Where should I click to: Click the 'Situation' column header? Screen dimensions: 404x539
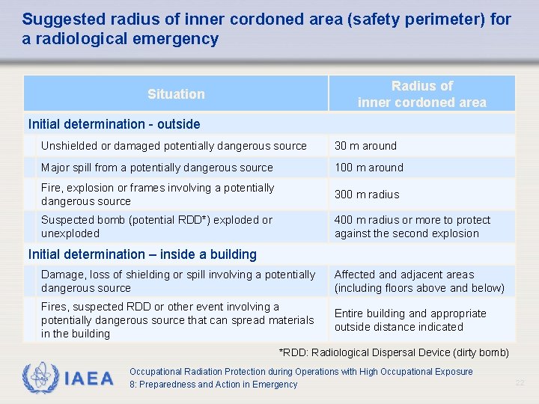click(x=176, y=94)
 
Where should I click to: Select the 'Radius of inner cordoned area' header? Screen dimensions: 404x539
click(x=421, y=94)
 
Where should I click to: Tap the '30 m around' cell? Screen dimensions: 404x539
click(x=365, y=146)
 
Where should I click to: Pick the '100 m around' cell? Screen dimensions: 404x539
click(x=368, y=168)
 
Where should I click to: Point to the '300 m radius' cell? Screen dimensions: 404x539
click(x=367, y=195)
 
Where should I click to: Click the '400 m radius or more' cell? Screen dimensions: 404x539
click(x=412, y=227)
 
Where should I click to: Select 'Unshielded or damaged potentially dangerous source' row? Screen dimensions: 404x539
click(x=174, y=146)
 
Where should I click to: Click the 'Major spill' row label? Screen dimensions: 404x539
click(x=157, y=168)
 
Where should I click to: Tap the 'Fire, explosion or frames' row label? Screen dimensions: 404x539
click(x=158, y=195)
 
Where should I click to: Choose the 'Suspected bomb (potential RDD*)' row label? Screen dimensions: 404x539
click(x=157, y=227)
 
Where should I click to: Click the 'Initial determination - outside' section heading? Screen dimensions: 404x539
click(x=114, y=124)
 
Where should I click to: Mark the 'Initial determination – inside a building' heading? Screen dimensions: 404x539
click(x=142, y=254)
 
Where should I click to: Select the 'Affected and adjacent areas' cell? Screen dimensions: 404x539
click(x=419, y=281)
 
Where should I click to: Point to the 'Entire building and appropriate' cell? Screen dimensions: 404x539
click(x=410, y=320)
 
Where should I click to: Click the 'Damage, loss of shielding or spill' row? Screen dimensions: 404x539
click(x=178, y=281)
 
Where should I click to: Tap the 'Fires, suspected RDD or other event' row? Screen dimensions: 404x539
click(x=177, y=320)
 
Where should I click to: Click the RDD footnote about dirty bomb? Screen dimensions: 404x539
click(x=394, y=352)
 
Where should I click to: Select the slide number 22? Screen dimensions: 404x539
click(x=520, y=383)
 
